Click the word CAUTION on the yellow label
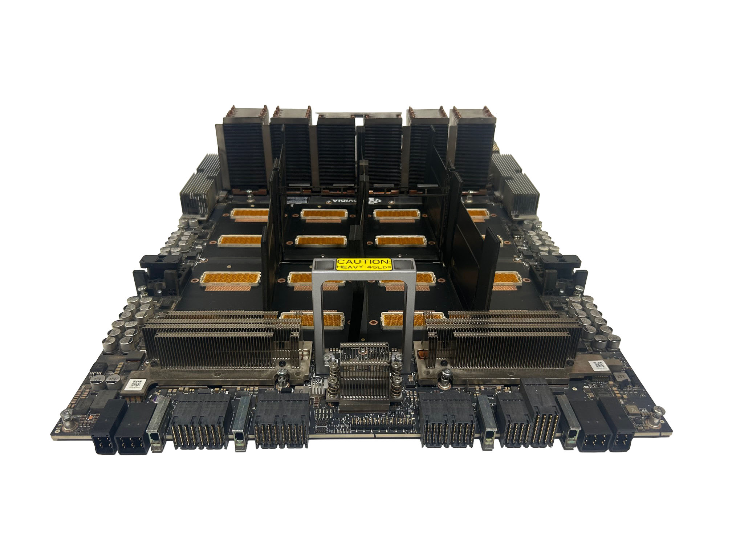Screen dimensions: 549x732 click(363, 261)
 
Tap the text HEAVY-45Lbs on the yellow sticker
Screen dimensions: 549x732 click(363, 268)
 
